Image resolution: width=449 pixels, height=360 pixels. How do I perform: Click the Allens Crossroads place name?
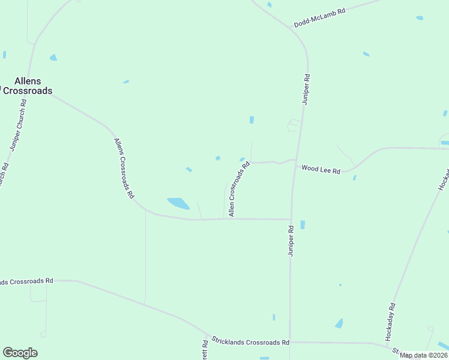27,86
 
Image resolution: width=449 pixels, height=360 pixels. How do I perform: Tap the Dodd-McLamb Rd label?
319,18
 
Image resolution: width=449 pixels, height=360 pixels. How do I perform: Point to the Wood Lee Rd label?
321,169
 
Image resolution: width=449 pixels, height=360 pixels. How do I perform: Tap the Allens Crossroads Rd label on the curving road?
124,169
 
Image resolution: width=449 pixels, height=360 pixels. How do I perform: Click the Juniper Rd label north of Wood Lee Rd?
306,89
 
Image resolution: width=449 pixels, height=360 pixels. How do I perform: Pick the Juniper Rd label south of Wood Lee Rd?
291,241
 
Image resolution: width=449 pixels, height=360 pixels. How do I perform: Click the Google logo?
20,353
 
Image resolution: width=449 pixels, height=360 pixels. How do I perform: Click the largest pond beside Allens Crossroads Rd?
178,203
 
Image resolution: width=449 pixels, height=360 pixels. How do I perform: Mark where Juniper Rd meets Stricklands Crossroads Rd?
290,342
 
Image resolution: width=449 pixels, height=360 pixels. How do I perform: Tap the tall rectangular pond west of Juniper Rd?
252,119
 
